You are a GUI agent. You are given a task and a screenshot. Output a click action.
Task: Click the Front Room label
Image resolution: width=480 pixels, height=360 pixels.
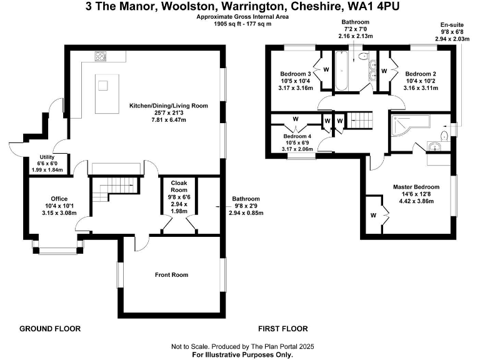click(171, 274)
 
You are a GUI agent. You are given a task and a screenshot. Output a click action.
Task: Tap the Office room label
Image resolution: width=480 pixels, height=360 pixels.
click(59, 199)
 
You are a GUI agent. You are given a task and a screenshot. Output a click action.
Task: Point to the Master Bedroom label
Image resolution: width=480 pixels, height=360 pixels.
click(416, 186)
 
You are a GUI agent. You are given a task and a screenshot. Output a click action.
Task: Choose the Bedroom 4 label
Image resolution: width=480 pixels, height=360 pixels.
click(297, 136)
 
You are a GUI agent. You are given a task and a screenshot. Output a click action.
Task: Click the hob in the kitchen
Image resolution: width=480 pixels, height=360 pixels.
click(101, 56)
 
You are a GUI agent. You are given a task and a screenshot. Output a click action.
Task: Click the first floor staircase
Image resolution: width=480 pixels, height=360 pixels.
click(359, 117)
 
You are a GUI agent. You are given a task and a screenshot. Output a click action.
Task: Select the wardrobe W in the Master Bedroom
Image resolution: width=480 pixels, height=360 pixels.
click(373, 216)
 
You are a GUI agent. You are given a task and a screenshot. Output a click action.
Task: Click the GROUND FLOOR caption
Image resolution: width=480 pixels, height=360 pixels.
click(50, 328)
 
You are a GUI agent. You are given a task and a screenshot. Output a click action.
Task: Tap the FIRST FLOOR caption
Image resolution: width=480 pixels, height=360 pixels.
click(283, 328)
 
